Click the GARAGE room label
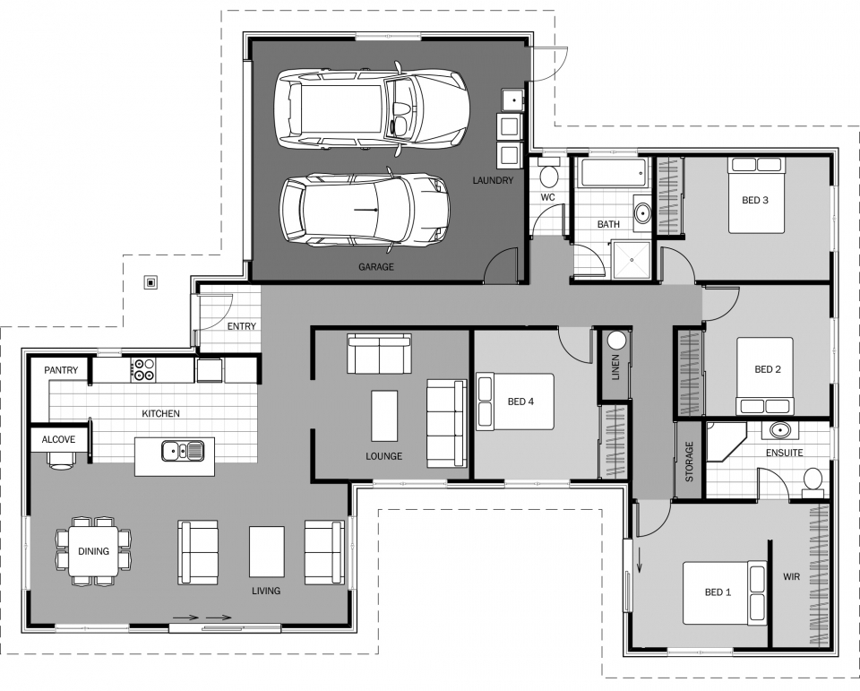point(376,266)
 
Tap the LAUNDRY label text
point(493,180)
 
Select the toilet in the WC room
point(549,175)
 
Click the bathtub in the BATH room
point(609,172)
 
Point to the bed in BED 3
point(755,195)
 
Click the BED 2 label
point(768,369)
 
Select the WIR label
point(791,576)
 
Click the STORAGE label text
point(689,462)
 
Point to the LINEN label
point(615,368)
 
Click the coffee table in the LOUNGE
point(384,416)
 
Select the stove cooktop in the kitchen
point(144,368)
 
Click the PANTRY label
point(61,370)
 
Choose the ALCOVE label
point(59,439)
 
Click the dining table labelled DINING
point(94,551)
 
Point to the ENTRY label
point(241,326)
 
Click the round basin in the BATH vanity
point(642,214)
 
